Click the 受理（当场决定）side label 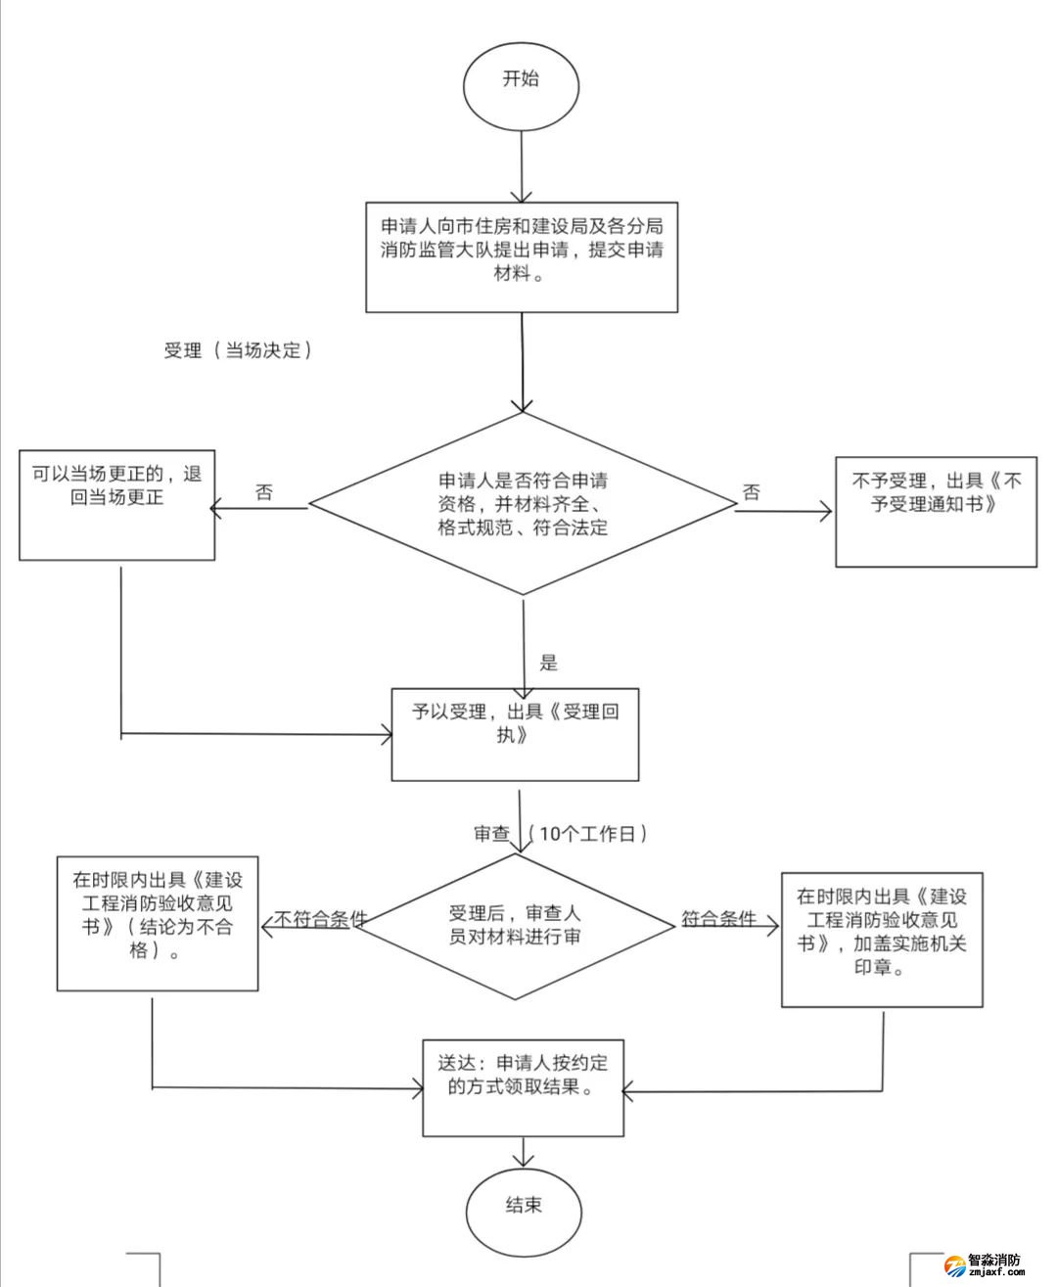238,350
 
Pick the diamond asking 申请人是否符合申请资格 523,504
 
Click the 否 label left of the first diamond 264,492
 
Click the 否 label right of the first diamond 751,492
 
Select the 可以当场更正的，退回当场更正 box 116,505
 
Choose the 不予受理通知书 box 935,512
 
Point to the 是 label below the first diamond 548,663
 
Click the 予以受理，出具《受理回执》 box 515,734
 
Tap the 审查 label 491,834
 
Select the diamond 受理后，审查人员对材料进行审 515,926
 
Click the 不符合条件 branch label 320,919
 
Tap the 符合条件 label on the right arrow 719,919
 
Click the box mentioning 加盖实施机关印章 881,940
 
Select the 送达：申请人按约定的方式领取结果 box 523,1087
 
